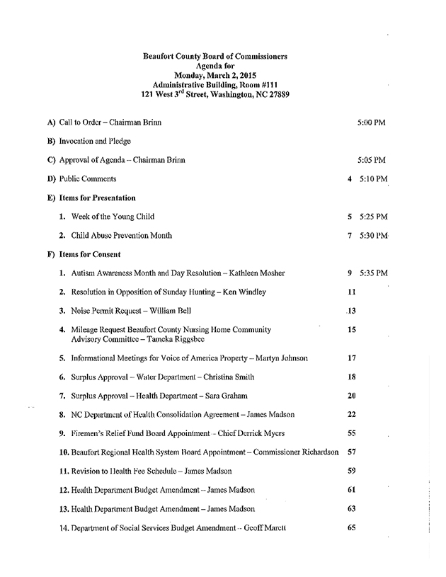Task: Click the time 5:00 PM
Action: (372, 122)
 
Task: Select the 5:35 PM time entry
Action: (373, 273)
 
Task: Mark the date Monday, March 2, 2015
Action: (215, 74)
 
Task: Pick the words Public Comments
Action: (88, 179)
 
